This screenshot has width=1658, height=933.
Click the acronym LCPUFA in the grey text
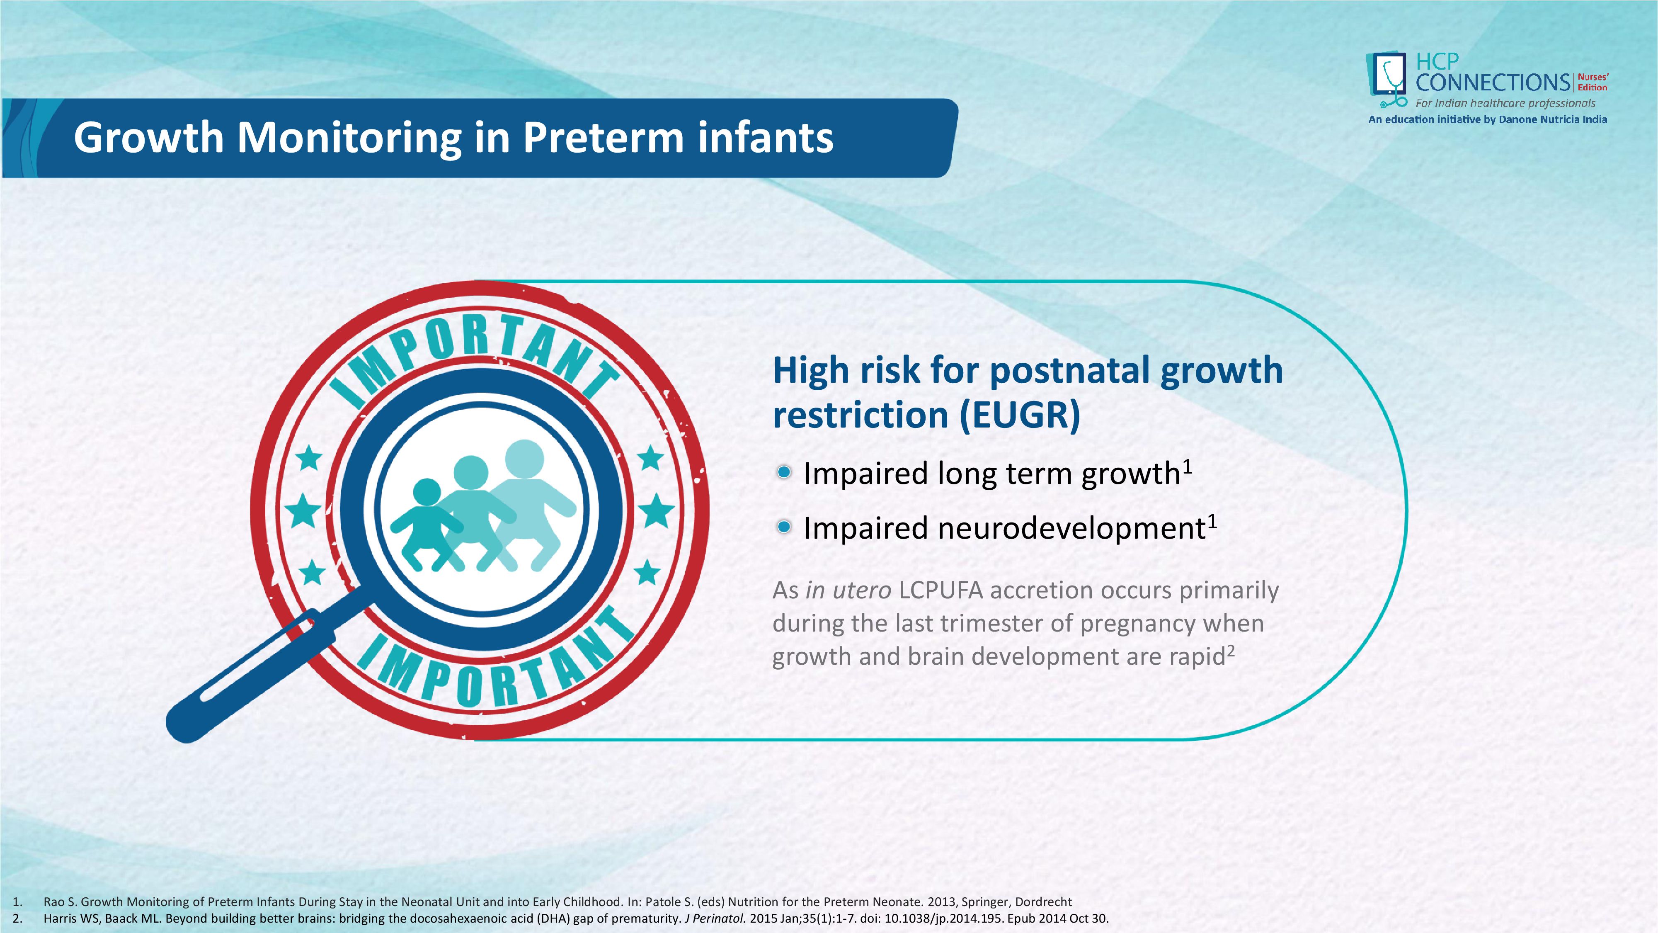click(x=941, y=590)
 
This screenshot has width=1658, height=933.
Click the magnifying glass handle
click(x=251, y=675)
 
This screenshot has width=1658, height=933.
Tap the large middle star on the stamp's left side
click(x=303, y=512)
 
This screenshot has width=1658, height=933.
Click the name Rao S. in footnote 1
click(x=60, y=902)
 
